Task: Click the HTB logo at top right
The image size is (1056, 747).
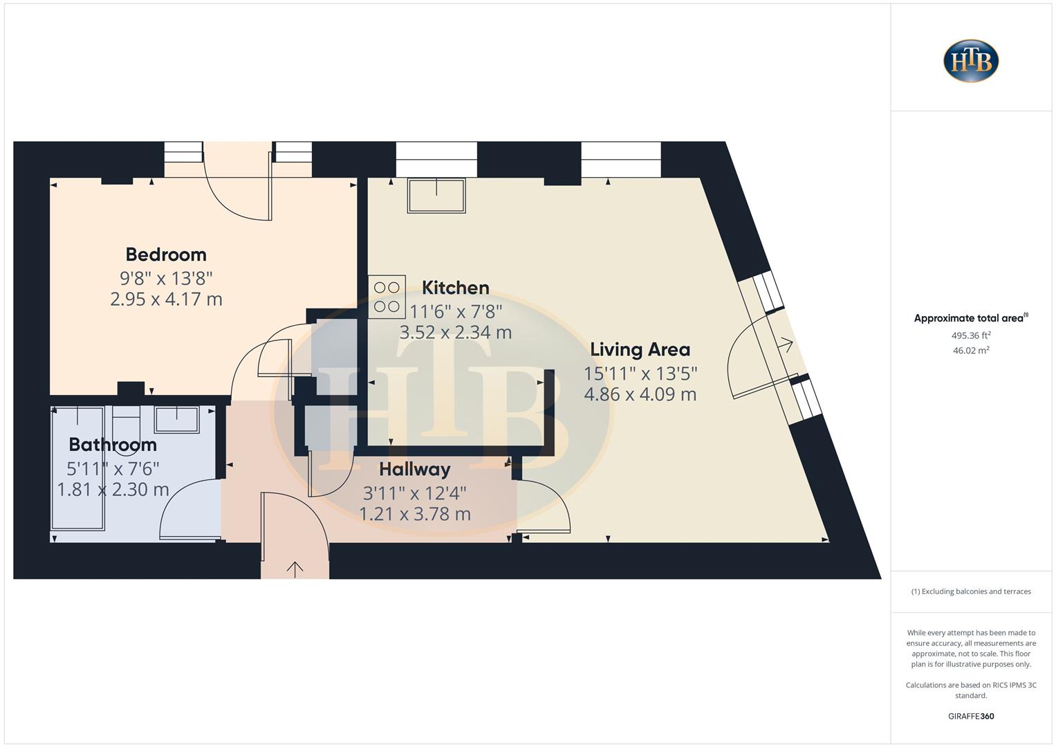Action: pyautogui.click(x=971, y=61)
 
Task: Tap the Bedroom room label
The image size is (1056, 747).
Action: pyautogui.click(x=166, y=255)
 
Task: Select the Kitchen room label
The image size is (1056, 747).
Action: pyautogui.click(x=455, y=288)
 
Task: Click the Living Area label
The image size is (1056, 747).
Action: pyautogui.click(x=640, y=349)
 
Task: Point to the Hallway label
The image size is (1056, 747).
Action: pyautogui.click(x=414, y=470)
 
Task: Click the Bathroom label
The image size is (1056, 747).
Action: pyautogui.click(x=113, y=445)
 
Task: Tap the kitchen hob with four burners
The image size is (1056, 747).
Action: pyautogui.click(x=387, y=297)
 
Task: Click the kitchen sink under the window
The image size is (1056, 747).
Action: pyautogui.click(x=436, y=195)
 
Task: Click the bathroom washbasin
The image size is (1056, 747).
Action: pyautogui.click(x=176, y=419)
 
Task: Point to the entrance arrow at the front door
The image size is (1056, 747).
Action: pyautogui.click(x=295, y=569)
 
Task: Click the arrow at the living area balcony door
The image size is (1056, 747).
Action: pyautogui.click(x=785, y=343)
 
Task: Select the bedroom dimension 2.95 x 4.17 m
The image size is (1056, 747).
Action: pyautogui.click(x=166, y=299)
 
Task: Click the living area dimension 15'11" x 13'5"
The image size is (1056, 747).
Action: pyautogui.click(x=640, y=373)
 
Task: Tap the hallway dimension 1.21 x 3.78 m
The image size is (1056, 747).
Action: pyautogui.click(x=414, y=515)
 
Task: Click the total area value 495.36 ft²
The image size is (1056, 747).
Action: pyautogui.click(x=971, y=335)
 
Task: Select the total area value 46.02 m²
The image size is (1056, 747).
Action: pyautogui.click(x=971, y=351)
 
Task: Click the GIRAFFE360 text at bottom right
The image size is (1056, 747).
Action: pyautogui.click(x=971, y=716)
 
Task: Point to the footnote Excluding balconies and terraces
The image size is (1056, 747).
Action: pyautogui.click(x=971, y=591)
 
